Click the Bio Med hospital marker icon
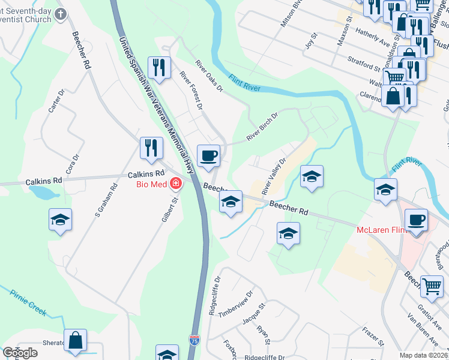click(x=176, y=182)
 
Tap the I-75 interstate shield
click(x=194, y=340)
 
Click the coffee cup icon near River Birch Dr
click(x=208, y=156)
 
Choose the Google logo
click(x=20, y=353)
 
